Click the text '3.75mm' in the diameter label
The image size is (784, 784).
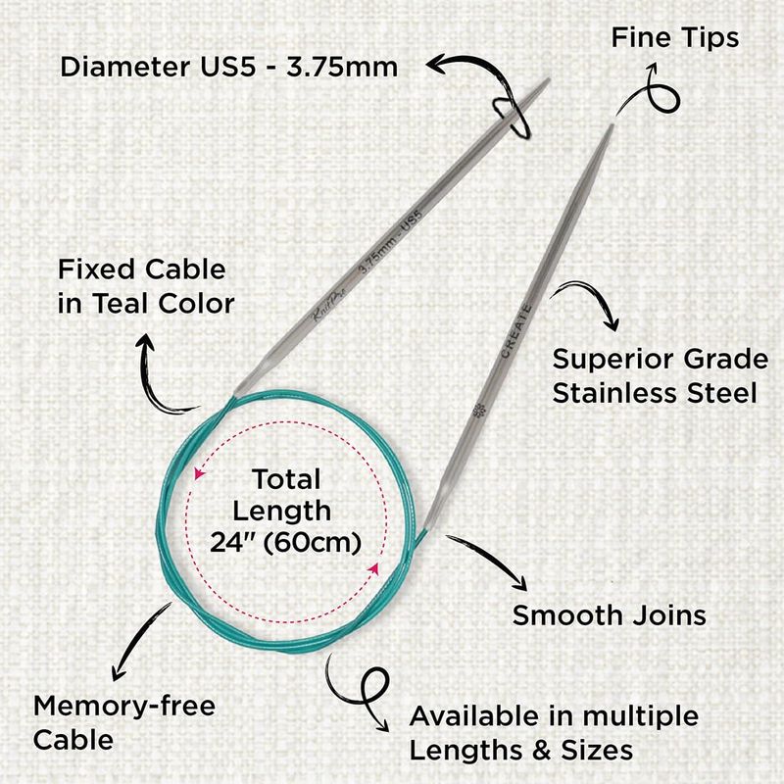342,67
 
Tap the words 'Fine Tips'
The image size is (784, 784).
675,38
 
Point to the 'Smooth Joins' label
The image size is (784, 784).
609,615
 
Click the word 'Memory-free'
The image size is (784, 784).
124,706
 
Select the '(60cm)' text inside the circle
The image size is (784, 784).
312,543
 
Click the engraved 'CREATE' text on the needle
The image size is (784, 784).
516,330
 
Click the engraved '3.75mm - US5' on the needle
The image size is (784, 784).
391,241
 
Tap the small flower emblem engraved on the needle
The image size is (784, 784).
478,410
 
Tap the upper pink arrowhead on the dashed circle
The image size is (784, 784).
199,473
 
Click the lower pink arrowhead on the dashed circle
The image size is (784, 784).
373,568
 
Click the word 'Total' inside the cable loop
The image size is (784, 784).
286,479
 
